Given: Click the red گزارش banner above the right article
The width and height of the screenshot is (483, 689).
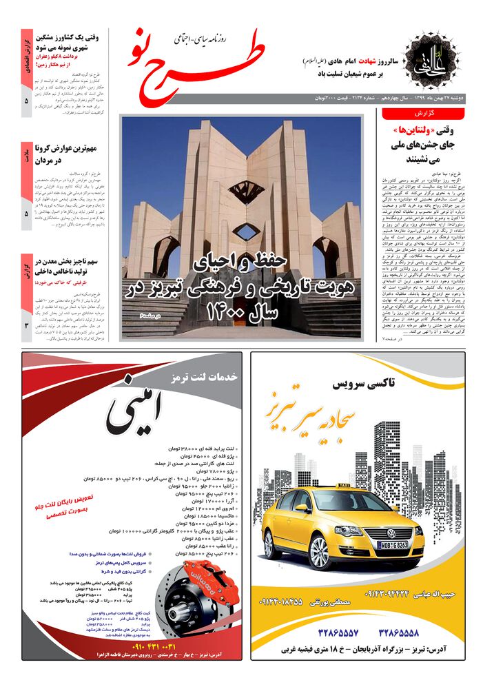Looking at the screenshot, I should [427, 113].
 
